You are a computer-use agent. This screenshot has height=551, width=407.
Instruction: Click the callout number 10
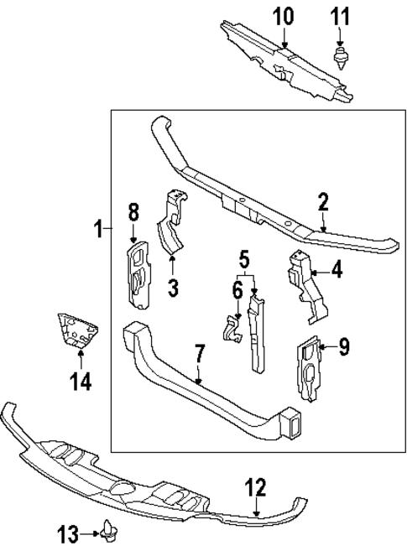[x=284, y=15]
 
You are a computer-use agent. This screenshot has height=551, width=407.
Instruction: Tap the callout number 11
[x=341, y=15]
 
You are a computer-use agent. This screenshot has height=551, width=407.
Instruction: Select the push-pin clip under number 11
[x=341, y=58]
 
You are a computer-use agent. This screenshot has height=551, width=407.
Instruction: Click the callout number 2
[x=324, y=202]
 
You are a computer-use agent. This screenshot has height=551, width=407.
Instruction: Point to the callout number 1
[x=99, y=228]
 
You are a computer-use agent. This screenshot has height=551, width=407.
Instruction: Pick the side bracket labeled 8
[x=136, y=273]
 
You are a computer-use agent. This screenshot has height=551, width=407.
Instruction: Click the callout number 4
[x=337, y=270]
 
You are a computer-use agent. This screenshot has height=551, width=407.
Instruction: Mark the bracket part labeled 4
[x=305, y=285]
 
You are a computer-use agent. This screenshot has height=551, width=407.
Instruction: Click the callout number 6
[x=237, y=290]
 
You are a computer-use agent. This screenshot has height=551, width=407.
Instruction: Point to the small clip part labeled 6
[x=230, y=328]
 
